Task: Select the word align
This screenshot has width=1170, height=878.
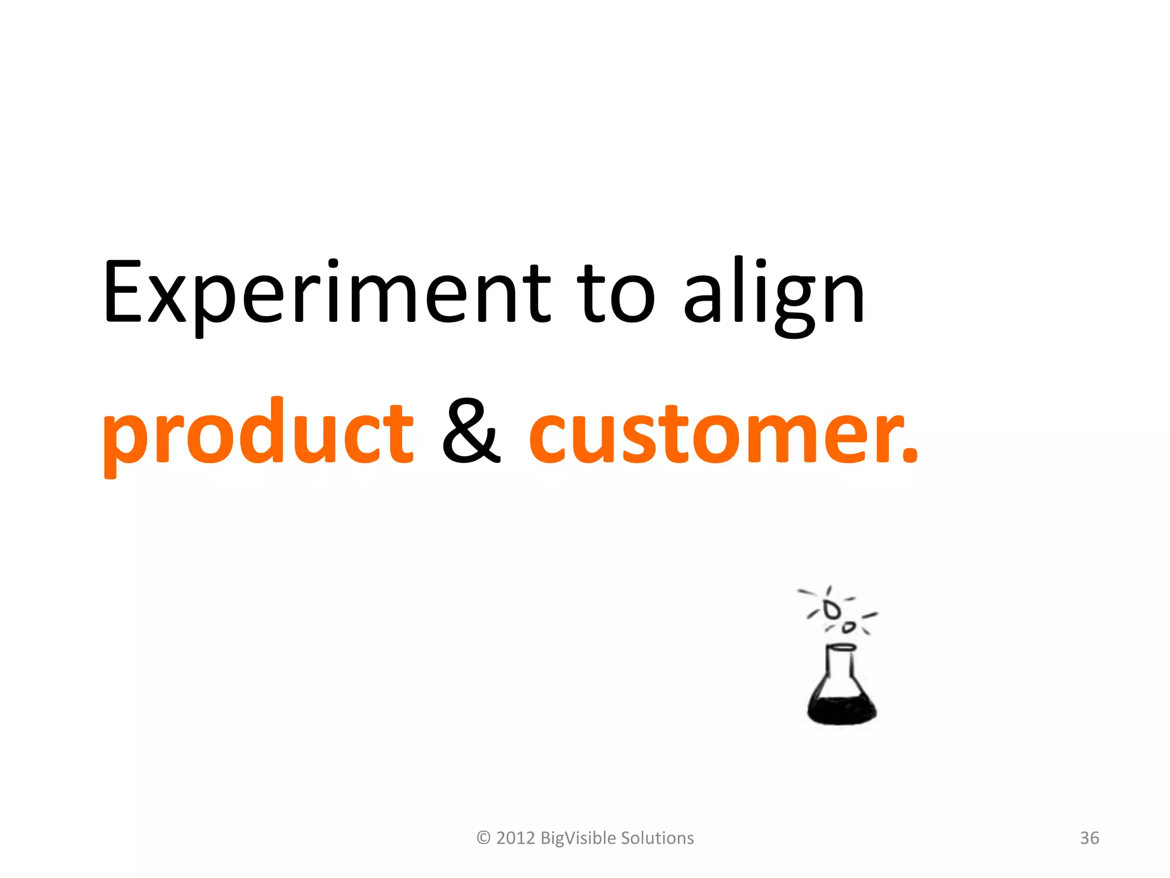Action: pyautogui.click(x=774, y=294)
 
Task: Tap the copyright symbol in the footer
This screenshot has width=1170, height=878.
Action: pyautogui.click(x=483, y=838)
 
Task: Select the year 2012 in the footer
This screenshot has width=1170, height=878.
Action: pyautogui.click(x=515, y=838)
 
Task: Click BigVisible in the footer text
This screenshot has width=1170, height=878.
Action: pyautogui.click(x=578, y=838)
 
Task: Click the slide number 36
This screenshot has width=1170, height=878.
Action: pyautogui.click(x=1089, y=838)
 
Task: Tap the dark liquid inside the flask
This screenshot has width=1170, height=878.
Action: pyautogui.click(x=842, y=709)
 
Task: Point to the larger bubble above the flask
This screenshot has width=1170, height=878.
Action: pyautogui.click(x=832, y=609)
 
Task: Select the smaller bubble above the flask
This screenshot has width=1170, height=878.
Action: pyautogui.click(x=849, y=628)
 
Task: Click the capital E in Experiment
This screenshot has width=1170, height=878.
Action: pyautogui.click(x=122, y=292)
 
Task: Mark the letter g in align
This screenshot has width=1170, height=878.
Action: pyautogui.click(x=794, y=303)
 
